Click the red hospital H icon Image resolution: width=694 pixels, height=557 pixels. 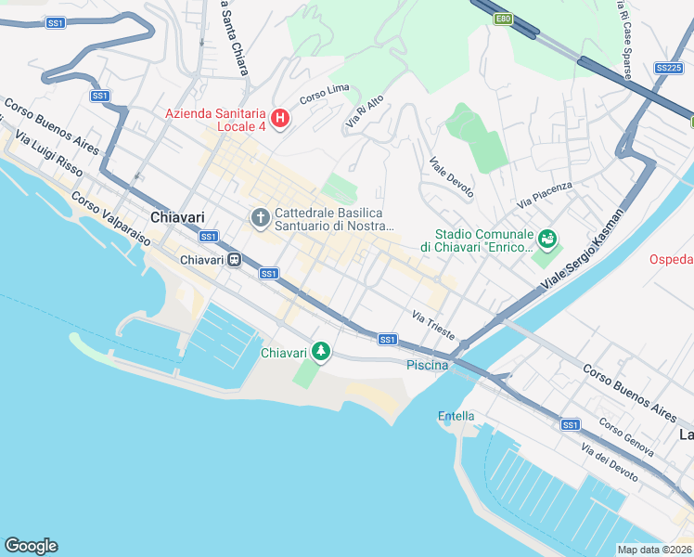tap(279, 120)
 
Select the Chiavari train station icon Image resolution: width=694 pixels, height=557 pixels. tap(235, 260)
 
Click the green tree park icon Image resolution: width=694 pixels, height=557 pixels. tap(321, 351)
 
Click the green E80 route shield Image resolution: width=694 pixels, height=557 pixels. tap(503, 19)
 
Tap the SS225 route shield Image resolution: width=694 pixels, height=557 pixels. tap(668, 68)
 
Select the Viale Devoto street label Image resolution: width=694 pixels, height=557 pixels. tap(451, 178)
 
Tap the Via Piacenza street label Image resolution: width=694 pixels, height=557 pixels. tap(546, 194)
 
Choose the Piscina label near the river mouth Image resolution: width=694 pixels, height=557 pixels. tap(428, 365)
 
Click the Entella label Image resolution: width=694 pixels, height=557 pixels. tap(456, 416)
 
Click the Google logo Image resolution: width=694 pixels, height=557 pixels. tap(31, 546)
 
